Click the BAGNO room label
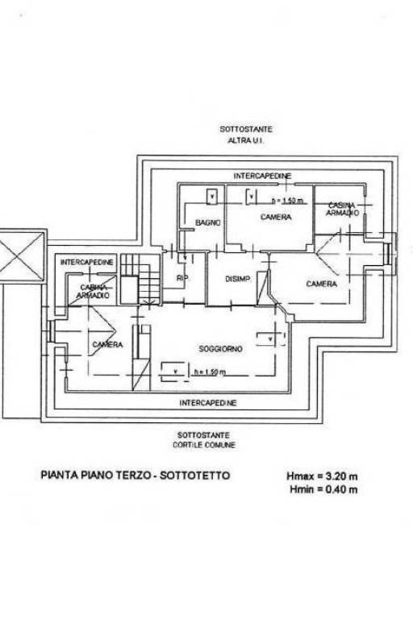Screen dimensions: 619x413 coord(208,222)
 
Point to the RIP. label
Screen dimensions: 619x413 coord(181,279)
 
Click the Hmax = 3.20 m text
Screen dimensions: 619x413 coord(322,476)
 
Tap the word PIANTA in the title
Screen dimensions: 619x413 coord(60,476)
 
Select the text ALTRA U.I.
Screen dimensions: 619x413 coord(246,139)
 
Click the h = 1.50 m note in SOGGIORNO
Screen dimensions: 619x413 coord(210,372)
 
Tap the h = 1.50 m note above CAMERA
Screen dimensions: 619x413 coord(288,201)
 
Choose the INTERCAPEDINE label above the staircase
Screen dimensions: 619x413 coord(87,263)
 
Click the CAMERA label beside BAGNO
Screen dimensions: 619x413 coord(276,218)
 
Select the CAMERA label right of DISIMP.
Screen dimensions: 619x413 coord(321,284)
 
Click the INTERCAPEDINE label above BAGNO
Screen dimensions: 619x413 coord(262,176)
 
